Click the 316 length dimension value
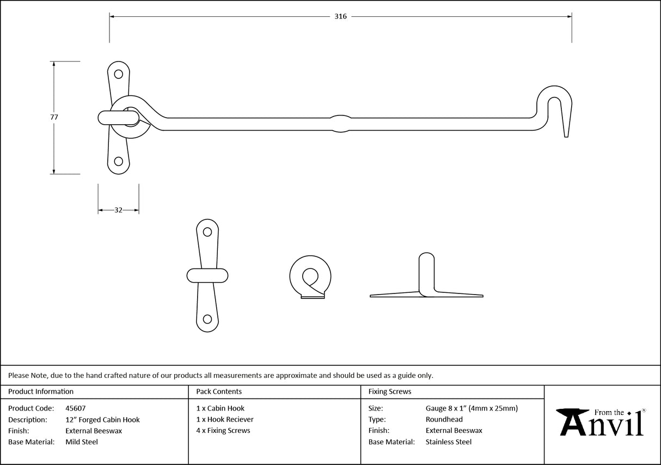pos(340,16)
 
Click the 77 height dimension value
pos(54,117)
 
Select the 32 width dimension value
pos(118,210)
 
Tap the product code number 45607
pos(75,408)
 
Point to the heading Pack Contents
pos(219,391)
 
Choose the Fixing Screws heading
pos(390,391)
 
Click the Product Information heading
pos(41,391)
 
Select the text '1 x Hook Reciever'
pos(225,419)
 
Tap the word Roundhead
pos(444,419)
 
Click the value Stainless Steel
pos(449,442)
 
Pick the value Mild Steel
pos(82,442)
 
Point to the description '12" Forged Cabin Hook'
pos(102,420)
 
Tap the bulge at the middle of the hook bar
pos(340,124)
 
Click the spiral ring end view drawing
pos(310,277)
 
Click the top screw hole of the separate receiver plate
pos(207,232)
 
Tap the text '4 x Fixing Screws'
pos(223,431)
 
